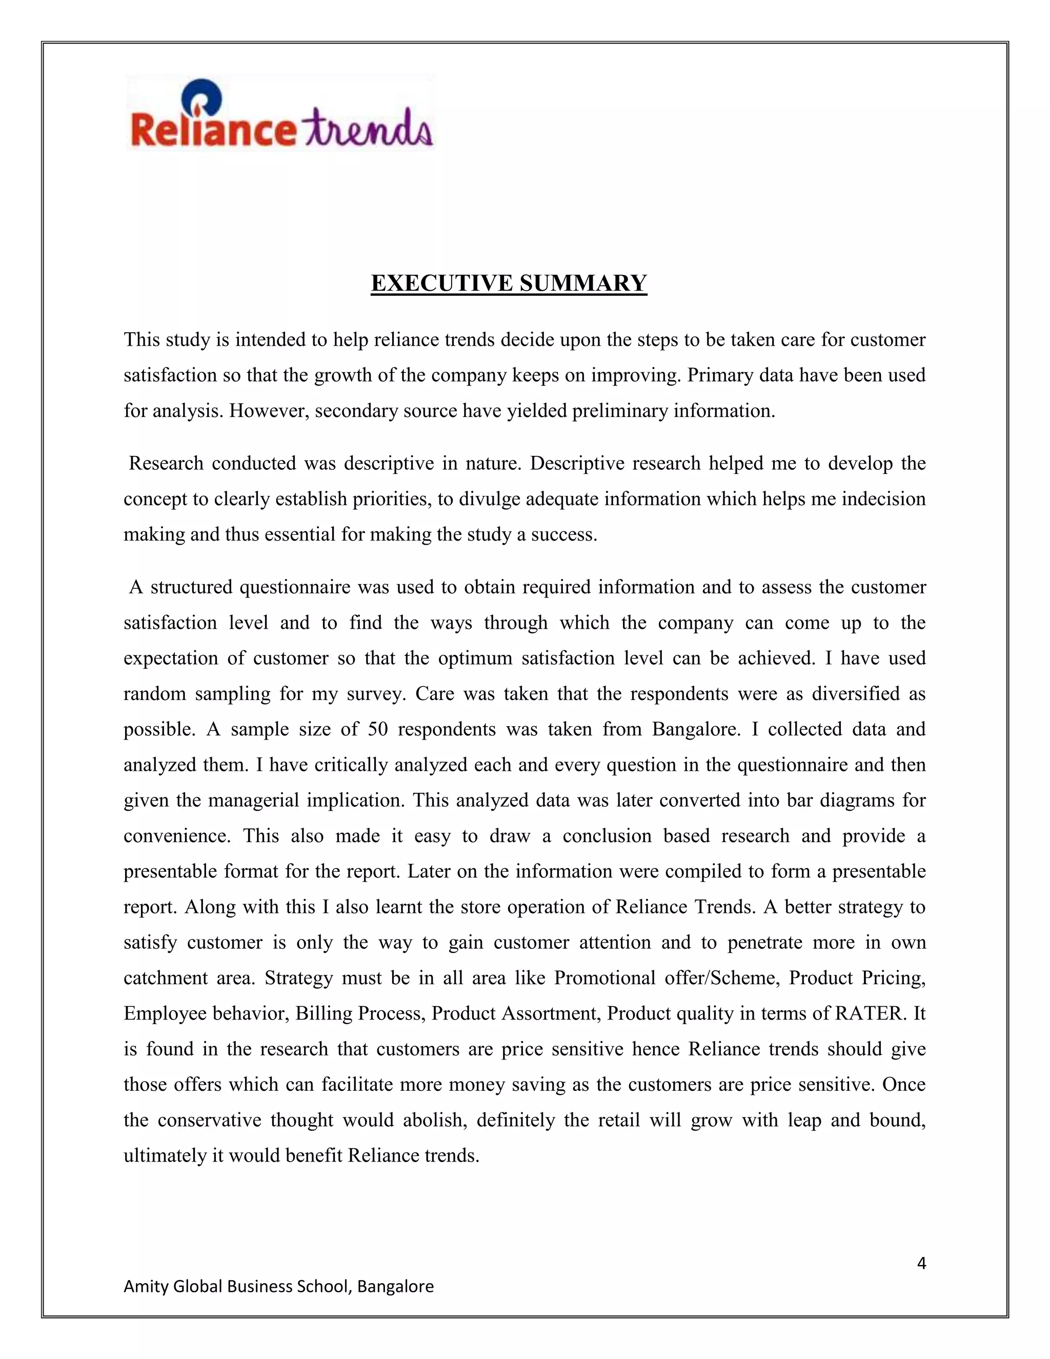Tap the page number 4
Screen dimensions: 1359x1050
pos(921,1264)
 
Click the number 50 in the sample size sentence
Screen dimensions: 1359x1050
pos(377,729)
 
